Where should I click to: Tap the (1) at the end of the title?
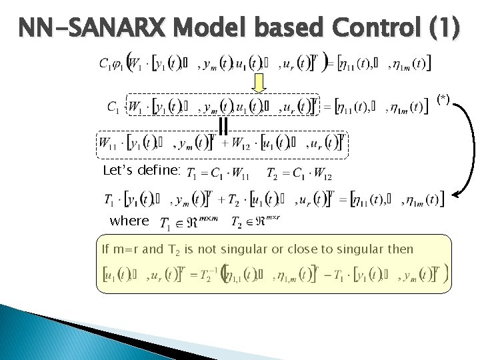[x=444, y=29]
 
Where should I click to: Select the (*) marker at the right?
[x=443, y=99]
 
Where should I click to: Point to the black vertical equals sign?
[x=223, y=125]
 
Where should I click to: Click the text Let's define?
[x=141, y=171]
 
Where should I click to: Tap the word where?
[x=129, y=221]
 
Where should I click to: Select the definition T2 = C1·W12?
[x=299, y=175]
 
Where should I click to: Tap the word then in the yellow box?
[x=399, y=249]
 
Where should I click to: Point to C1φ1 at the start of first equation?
[x=111, y=64]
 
